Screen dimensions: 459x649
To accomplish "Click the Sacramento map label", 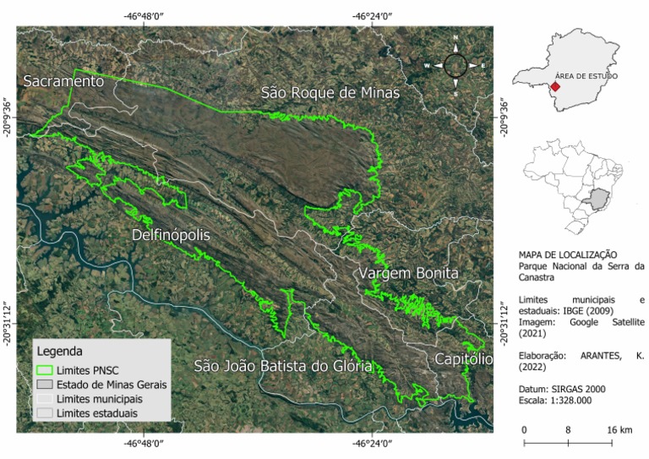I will (x=63, y=81).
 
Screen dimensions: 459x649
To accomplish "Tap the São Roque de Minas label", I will (x=330, y=93).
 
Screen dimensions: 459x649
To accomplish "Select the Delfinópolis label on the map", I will (x=171, y=234).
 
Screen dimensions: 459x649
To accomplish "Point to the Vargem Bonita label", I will (x=408, y=274).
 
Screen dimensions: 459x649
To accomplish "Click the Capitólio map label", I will (x=463, y=359).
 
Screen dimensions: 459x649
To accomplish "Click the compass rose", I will (x=455, y=65).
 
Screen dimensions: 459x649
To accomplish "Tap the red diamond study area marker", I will (x=555, y=87).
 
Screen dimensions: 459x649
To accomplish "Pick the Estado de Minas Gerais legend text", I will (x=112, y=384).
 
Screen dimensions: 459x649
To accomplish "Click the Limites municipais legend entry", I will (x=99, y=398).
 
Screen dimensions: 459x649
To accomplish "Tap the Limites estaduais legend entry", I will (x=96, y=413).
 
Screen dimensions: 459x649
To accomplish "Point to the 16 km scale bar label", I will (x=620, y=430).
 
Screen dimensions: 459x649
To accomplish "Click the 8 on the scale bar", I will (x=568, y=430).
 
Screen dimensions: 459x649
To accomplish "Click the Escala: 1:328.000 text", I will (x=556, y=400).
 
